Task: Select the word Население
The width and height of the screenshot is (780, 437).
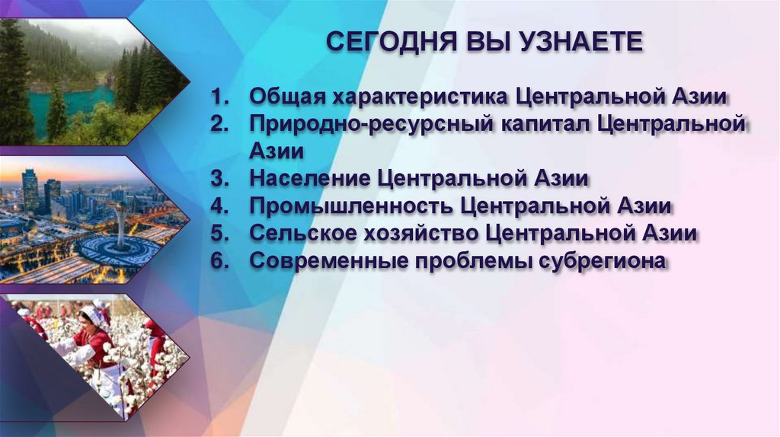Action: [x=311, y=179]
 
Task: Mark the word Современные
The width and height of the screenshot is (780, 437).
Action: [x=329, y=261]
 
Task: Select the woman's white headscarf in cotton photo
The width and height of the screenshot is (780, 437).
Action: [x=91, y=315]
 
